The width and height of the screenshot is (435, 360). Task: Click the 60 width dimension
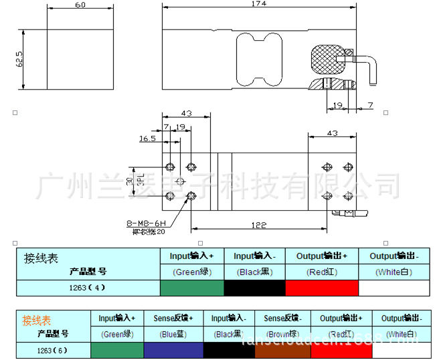click(x=80, y=5)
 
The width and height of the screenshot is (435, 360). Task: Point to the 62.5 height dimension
click(x=20, y=60)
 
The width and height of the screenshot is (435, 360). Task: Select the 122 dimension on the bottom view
click(x=258, y=226)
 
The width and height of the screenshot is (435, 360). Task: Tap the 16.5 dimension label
click(x=147, y=139)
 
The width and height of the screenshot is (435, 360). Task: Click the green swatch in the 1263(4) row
click(x=191, y=288)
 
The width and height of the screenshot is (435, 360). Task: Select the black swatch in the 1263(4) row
click(x=254, y=288)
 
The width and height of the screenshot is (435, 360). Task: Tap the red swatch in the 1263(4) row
click(x=322, y=288)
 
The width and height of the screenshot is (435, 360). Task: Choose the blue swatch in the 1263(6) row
click(x=173, y=349)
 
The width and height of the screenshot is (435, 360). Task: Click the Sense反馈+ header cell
click(x=173, y=319)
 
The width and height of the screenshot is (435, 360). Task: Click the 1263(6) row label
click(x=53, y=349)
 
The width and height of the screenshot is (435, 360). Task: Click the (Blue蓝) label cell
click(x=173, y=333)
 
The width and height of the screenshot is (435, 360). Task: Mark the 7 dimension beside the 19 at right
click(x=370, y=106)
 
